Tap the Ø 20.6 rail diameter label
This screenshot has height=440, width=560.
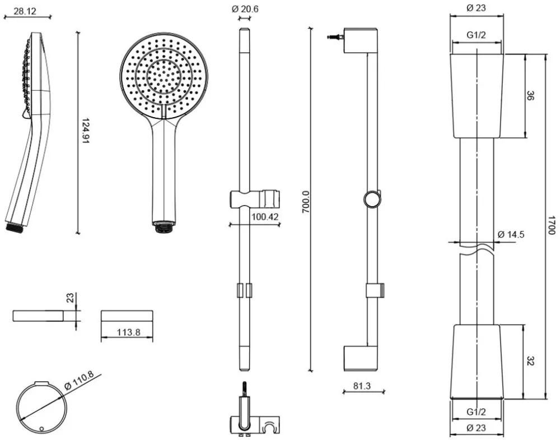coord(245,8)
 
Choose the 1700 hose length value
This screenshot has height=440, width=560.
coord(552,227)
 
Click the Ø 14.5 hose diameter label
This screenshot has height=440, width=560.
coord(510,234)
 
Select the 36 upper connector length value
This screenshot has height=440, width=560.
coord(530,96)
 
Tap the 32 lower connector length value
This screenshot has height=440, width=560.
coord(530,362)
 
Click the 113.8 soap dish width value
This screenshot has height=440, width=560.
coord(128,332)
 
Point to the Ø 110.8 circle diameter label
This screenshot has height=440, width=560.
coord(79,382)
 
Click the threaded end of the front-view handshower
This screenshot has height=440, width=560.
coord(163,227)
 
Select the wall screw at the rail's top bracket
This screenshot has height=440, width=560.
coord(335,38)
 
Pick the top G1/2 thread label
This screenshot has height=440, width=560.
coord(476,35)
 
